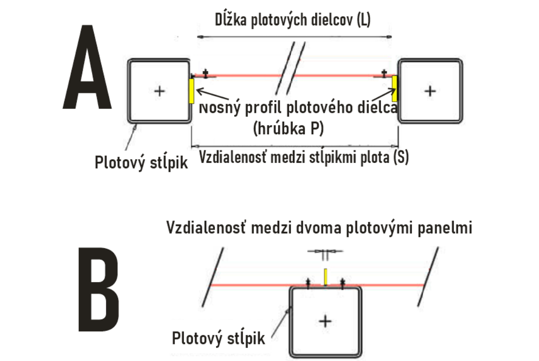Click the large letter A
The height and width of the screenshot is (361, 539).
click(87, 68)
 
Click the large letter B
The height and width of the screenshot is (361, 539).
click(99, 289)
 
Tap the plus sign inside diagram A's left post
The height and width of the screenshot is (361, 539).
click(159, 91)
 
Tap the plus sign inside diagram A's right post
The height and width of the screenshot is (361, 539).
click(430, 91)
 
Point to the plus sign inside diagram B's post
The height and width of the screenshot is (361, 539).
click(325, 322)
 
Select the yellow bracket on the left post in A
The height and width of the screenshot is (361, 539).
click(192, 91)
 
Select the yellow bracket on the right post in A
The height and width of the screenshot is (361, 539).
click(395, 89)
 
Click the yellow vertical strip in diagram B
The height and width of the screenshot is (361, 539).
click(325, 277)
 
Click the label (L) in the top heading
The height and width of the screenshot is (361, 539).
click(363, 20)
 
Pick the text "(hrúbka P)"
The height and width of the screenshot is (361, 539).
click(288, 128)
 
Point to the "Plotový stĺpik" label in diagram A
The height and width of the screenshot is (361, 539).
click(141, 162)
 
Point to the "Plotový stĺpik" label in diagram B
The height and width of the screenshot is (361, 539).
click(218, 338)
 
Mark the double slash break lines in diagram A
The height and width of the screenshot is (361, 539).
click(290, 68)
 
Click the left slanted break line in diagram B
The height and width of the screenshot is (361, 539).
click(213, 277)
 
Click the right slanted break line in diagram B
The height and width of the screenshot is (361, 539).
click(428, 276)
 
